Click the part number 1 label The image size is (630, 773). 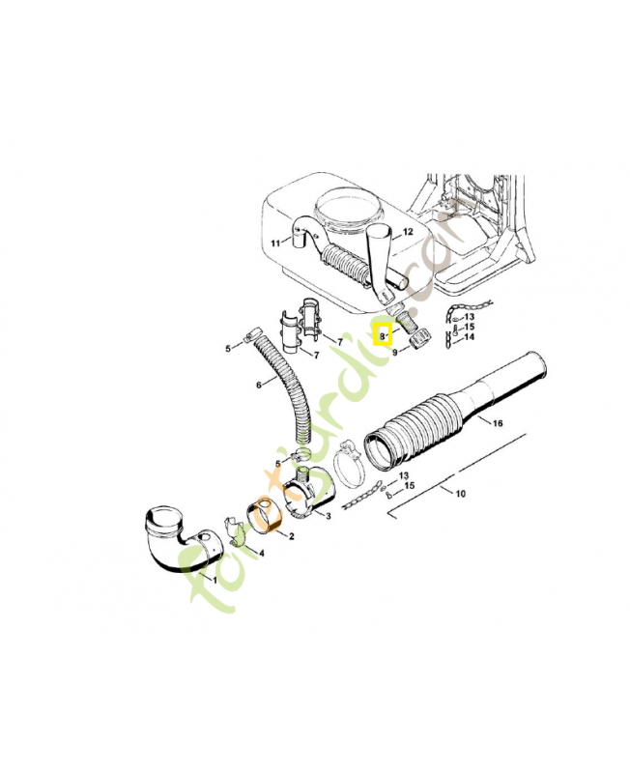(214, 579)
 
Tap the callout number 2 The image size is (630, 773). (292, 535)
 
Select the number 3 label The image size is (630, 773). (329, 518)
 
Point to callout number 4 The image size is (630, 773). (260, 552)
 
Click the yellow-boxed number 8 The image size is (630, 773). (383, 335)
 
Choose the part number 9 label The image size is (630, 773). (395, 354)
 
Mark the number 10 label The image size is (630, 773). (460, 494)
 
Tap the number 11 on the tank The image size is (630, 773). (274, 243)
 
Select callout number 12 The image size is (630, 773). (408, 233)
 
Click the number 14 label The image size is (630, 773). (470, 337)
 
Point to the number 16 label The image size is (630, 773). (498, 423)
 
